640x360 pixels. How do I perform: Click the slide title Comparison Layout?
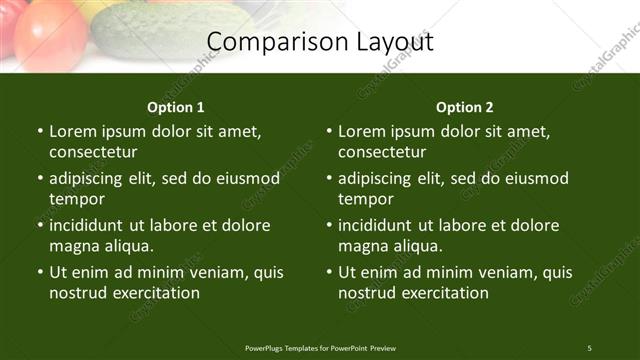pyautogui.click(x=320, y=42)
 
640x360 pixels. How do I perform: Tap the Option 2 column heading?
pyautogui.click(x=465, y=107)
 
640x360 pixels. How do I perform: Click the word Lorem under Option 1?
pyautogui.click(x=71, y=131)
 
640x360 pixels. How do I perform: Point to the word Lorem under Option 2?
pyautogui.click(x=360, y=131)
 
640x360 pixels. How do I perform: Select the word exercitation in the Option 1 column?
pyautogui.click(x=155, y=293)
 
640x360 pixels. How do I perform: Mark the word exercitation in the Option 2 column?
pyautogui.click(x=444, y=293)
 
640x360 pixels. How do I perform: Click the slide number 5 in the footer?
pyautogui.click(x=589, y=347)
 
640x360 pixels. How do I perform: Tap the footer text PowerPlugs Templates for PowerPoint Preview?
pyautogui.click(x=320, y=347)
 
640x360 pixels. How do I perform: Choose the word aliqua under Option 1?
pyautogui.click(x=126, y=246)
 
